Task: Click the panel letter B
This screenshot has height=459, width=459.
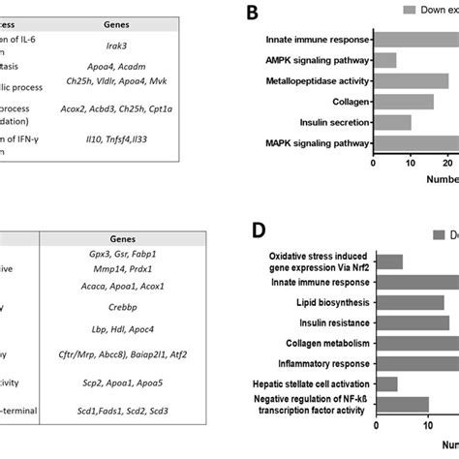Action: point(252,13)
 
